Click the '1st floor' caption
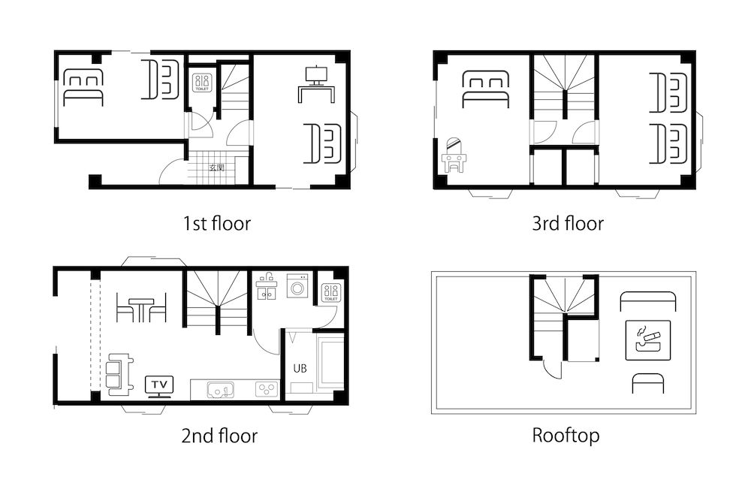(x=216, y=223)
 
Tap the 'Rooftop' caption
(x=566, y=436)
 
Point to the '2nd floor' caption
(x=219, y=436)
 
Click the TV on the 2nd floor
(x=159, y=385)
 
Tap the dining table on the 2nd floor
(x=140, y=308)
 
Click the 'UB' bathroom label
(x=299, y=369)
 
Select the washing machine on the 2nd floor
(x=298, y=285)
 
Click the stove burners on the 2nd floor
(x=267, y=389)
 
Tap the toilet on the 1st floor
(x=202, y=82)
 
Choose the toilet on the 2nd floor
(x=331, y=291)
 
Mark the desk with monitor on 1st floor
(x=319, y=83)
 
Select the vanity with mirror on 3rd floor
(x=454, y=155)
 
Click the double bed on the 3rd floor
(x=485, y=89)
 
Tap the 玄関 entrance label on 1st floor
(x=217, y=168)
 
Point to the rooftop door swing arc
(x=552, y=369)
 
